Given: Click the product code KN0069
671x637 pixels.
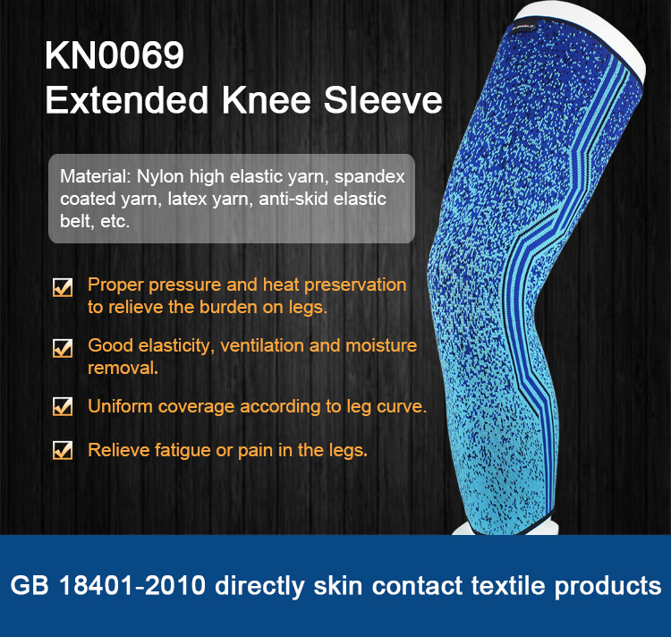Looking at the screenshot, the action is tap(115, 55).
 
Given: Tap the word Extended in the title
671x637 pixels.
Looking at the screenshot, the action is tap(127, 100).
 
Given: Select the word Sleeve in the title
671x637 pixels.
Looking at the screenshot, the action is tap(383, 100).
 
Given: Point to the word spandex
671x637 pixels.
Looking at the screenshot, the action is tap(369, 177).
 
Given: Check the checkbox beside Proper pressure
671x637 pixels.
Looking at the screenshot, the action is tap(63, 286).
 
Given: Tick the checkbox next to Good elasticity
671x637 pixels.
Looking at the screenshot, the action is tap(63, 347).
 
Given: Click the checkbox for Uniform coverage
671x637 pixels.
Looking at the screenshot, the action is tap(63, 406).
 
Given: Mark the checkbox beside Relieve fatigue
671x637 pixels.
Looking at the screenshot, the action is tap(63, 450).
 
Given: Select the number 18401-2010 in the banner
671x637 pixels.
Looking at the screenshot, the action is tap(132, 585).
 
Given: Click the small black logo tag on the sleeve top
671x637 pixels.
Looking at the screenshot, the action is tap(523, 28).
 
